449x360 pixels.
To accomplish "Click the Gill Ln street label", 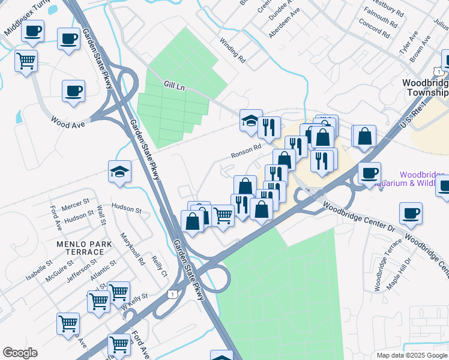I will tap(173, 88).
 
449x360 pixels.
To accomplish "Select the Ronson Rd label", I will tap(246, 151).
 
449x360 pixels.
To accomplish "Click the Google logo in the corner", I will tap(20, 353).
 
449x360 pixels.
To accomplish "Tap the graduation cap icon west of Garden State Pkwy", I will tap(119, 172).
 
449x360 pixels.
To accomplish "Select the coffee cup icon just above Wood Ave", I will tap(73, 92).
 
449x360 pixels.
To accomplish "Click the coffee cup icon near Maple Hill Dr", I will tap(411, 214).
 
